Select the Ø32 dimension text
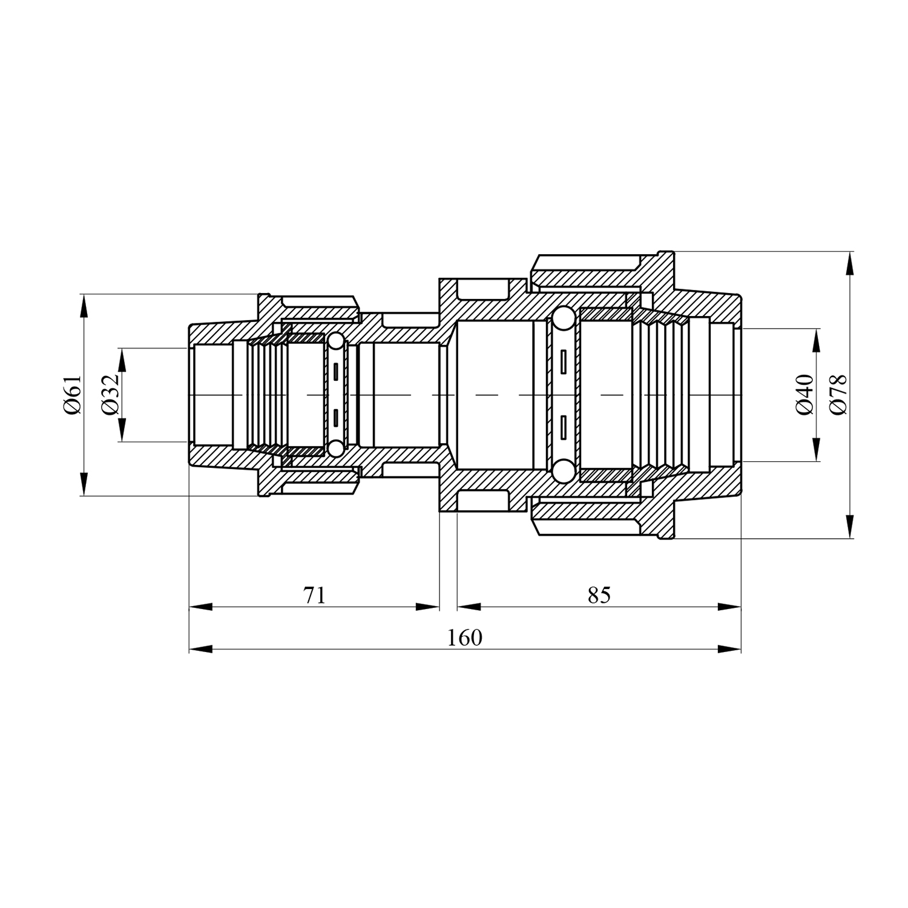coord(110,395)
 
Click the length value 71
coord(314,595)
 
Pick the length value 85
coord(599,595)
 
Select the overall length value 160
coord(465,637)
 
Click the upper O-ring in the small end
coord(335,343)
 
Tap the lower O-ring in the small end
coord(335,448)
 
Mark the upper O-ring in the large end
coord(562,319)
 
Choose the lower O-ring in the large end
coord(562,471)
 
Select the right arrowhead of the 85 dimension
coord(729,607)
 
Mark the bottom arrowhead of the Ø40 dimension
coord(817,449)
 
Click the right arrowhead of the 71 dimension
coord(427,607)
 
